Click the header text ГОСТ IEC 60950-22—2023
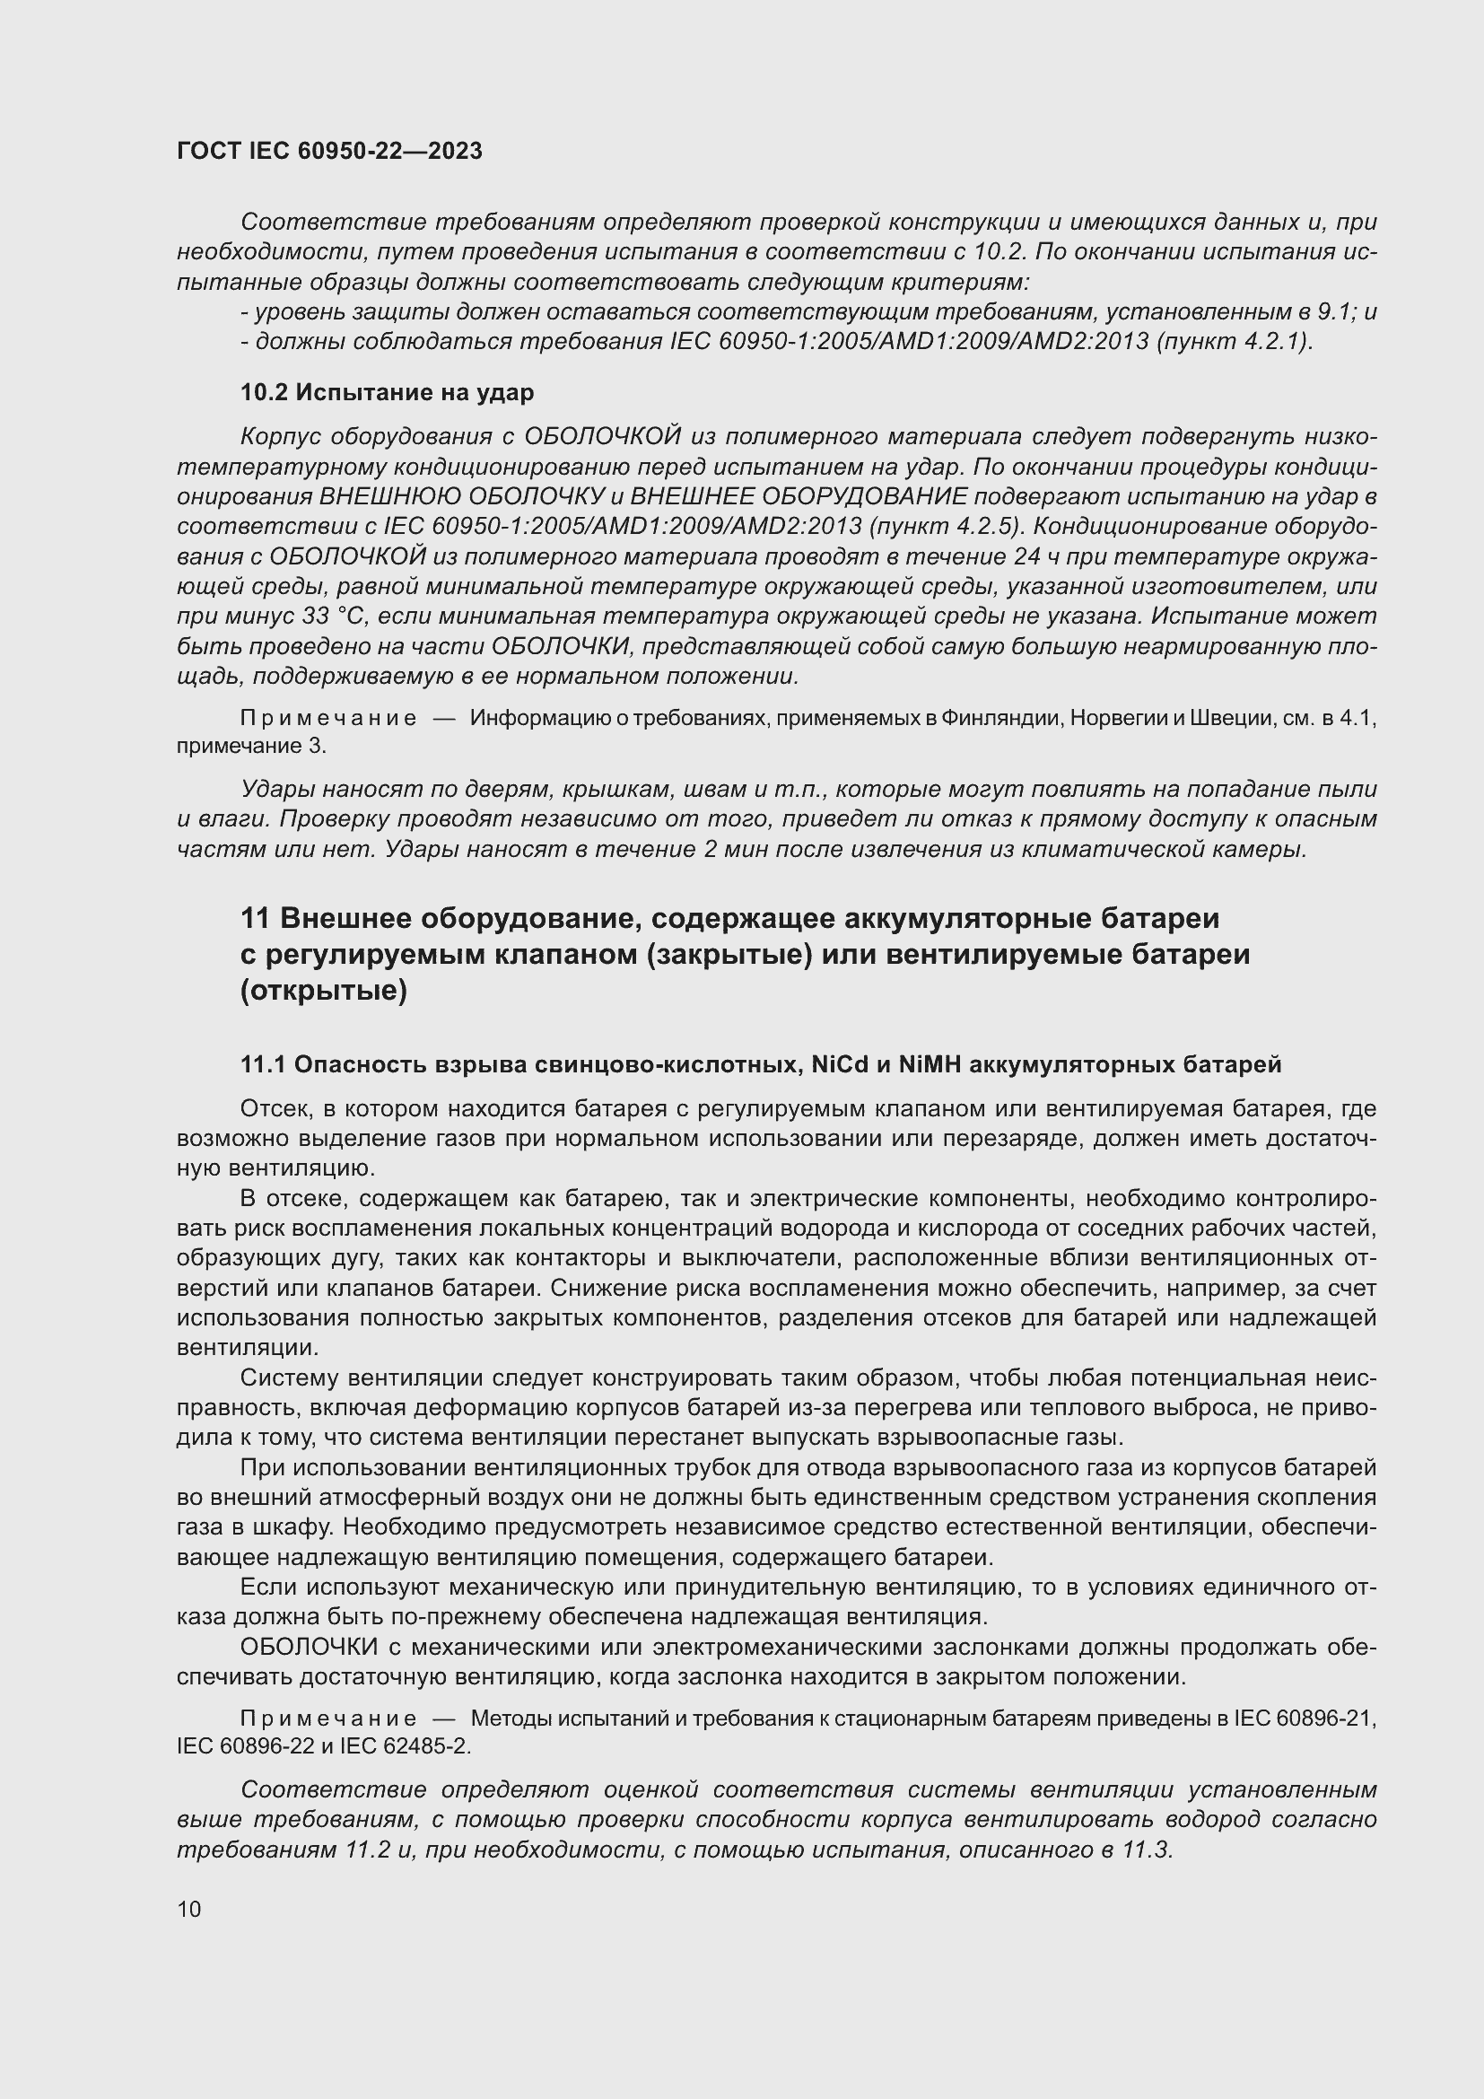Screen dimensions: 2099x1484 (329, 151)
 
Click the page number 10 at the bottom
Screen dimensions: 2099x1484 (189, 1908)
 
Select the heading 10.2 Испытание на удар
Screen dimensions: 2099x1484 (387, 392)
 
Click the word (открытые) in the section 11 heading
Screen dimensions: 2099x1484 (323, 990)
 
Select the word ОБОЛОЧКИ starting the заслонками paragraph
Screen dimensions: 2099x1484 (309, 1648)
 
